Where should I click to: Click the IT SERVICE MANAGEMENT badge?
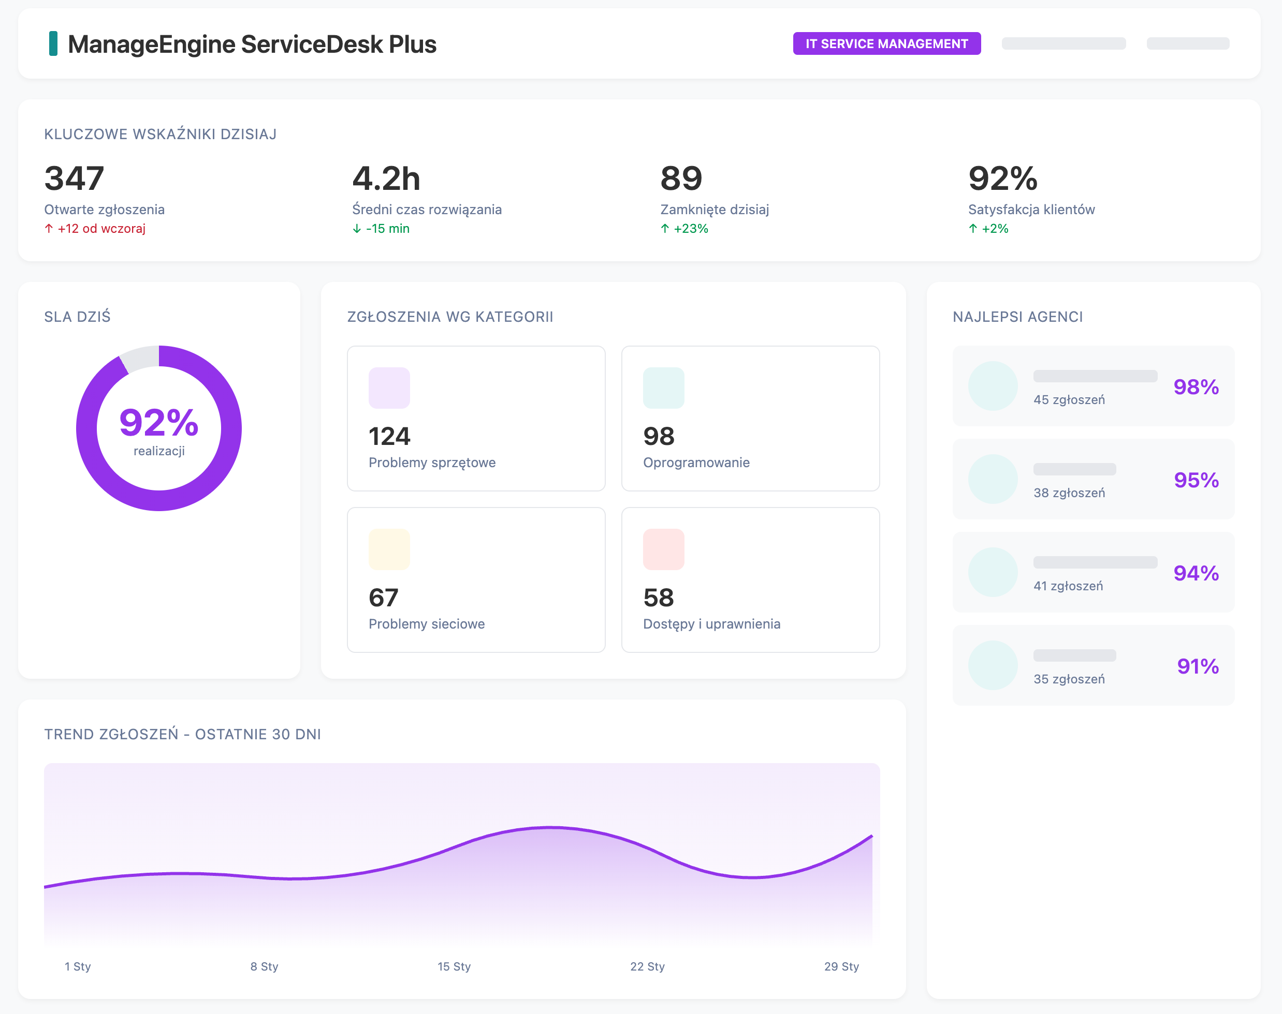click(886, 44)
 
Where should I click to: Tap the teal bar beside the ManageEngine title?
click(53, 44)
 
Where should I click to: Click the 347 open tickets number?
click(74, 178)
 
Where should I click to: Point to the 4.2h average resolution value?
click(386, 178)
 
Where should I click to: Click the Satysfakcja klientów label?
click(1031, 210)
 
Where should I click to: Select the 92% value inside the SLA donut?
click(158, 422)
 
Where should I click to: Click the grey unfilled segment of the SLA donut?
click(140, 359)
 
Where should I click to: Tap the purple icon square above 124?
click(389, 387)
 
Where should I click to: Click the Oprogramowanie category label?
click(696, 463)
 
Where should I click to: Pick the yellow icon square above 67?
click(389, 549)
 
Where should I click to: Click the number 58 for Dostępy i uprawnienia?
click(658, 597)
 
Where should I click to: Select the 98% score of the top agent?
click(1196, 386)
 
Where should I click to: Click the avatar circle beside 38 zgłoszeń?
click(993, 479)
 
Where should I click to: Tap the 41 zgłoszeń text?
click(1068, 586)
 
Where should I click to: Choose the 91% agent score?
click(1198, 666)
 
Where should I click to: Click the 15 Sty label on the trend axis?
click(454, 966)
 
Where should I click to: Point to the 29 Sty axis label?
click(841, 966)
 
